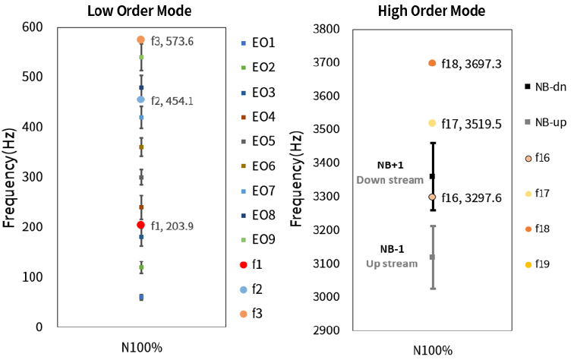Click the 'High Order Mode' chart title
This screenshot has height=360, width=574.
point(432,11)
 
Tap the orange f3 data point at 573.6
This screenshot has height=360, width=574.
point(140,39)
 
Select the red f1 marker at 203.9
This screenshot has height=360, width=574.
point(140,225)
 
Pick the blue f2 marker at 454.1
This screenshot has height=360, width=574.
point(140,99)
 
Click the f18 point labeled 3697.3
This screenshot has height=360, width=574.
point(432,63)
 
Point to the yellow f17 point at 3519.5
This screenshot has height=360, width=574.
point(432,123)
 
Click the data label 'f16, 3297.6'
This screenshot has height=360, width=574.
point(471,197)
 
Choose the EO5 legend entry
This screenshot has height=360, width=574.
point(259,141)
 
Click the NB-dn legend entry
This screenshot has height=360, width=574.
point(542,87)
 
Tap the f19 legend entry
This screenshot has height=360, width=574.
point(538,264)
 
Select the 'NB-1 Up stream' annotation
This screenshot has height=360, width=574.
point(392,256)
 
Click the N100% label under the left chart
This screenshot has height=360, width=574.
point(141,347)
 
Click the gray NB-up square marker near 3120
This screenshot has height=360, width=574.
point(432,257)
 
